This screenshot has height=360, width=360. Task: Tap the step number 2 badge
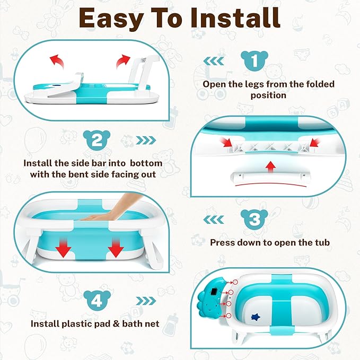coord(97,141)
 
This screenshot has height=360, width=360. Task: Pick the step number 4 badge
coord(97,301)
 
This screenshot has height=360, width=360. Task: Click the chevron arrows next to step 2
coord(146,141)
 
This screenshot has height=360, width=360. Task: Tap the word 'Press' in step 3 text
coord(223,243)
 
